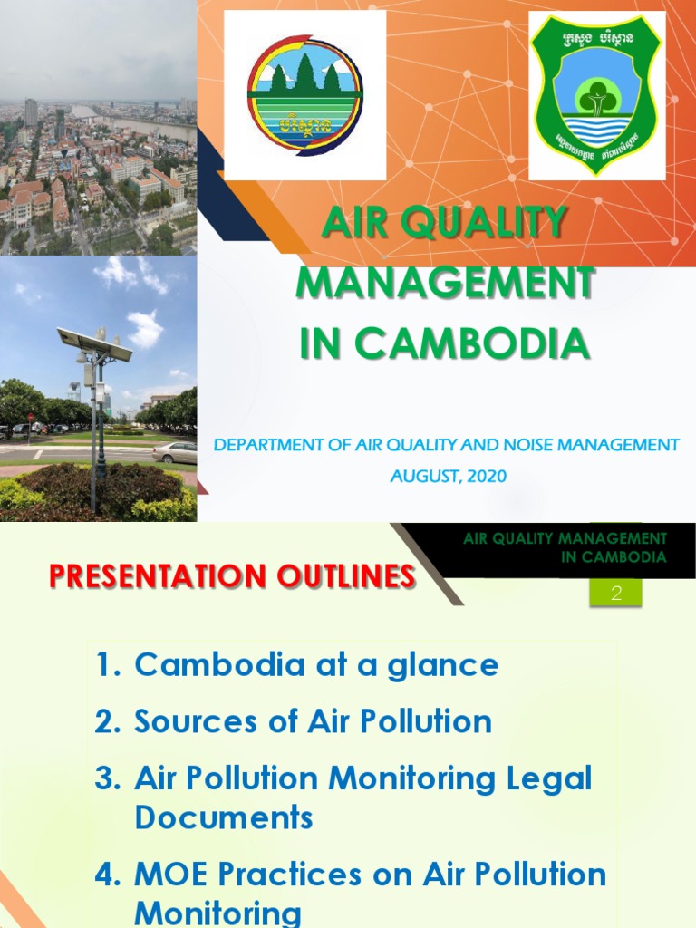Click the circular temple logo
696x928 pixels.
(304, 94)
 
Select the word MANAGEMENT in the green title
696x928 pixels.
(445, 284)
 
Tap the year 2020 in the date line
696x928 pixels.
(488, 476)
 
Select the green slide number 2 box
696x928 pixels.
(615, 594)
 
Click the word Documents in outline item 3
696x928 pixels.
(224, 817)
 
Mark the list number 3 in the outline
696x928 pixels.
(108, 778)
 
